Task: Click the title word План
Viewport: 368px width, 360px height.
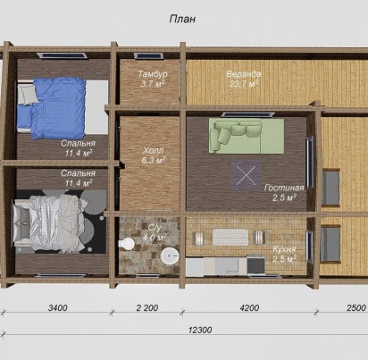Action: [x=182, y=19]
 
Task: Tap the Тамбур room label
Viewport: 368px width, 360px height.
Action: [x=153, y=74]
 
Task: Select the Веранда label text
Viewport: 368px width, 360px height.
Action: [x=244, y=74]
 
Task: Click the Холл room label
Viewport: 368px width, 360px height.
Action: [x=153, y=151]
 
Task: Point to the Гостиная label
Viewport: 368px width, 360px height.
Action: [x=284, y=188]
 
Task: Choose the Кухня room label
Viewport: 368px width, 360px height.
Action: [x=284, y=249]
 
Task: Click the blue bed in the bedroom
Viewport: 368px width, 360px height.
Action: [x=52, y=108]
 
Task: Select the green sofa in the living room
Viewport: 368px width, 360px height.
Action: [x=247, y=136]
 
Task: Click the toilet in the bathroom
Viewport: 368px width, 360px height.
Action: [x=127, y=244]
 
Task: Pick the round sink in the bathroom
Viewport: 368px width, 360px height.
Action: [x=170, y=255]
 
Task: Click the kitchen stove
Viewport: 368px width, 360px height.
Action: [x=255, y=265]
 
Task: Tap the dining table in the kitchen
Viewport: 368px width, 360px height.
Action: [x=230, y=237]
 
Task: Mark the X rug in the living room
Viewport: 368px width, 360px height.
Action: [x=246, y=175]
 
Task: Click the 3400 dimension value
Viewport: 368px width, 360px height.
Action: [x=58, y=307]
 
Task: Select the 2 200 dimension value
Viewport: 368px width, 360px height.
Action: [x=147, y=307]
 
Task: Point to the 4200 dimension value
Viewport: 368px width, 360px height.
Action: [x=249, y=307]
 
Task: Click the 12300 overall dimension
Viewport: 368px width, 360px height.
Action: [x=200, y=330]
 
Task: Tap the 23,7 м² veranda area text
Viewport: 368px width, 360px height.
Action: [x=244, y=84]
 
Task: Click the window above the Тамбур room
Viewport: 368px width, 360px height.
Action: [x=148, y=56]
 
